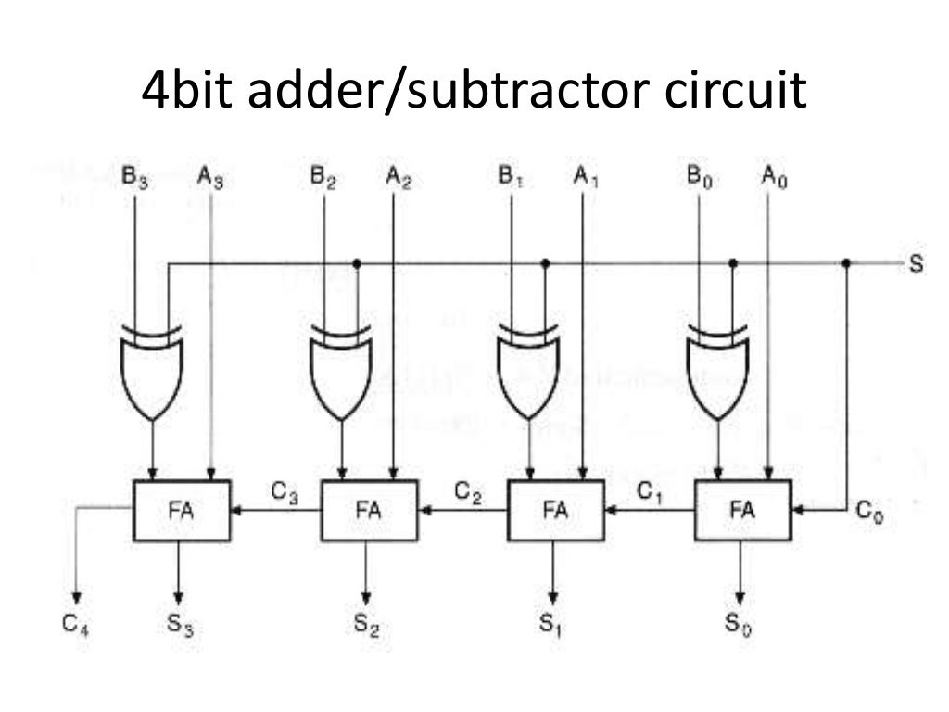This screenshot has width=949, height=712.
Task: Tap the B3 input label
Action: tap(135, 175)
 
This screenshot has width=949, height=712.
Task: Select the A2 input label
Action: tap(398, 175)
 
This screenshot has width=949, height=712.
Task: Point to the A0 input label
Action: tap(774, 175)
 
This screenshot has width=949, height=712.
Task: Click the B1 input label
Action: tap(511, 175)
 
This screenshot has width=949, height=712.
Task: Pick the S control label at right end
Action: tap(916, 265)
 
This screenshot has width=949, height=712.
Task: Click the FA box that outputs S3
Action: tap(182, 510)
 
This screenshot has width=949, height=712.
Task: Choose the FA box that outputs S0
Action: tap(742, 510)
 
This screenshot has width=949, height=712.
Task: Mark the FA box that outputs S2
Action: tap(369, 510)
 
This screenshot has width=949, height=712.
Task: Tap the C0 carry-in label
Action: tap(869, 511)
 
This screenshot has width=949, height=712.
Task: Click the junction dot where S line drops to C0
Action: tap(846, 263)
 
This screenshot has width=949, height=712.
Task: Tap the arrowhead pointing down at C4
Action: tap(76, 595)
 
